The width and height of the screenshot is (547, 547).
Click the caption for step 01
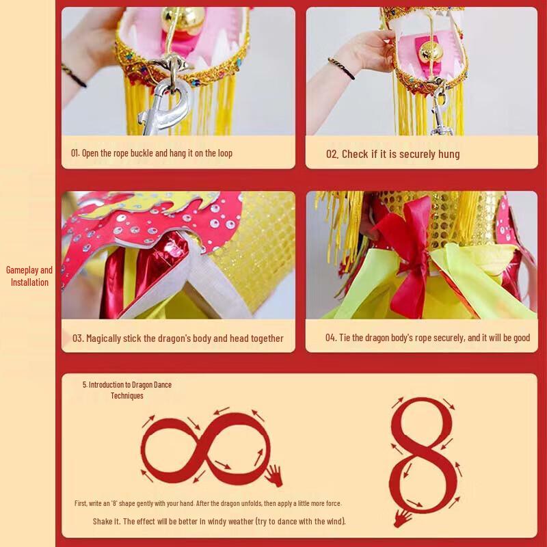click(152, 153)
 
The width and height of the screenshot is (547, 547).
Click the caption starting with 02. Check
click(392, 154)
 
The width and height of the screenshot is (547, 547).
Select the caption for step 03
click(178, 338)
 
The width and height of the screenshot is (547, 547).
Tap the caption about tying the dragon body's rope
click(427, 338)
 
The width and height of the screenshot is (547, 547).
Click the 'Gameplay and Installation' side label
click(29, 276)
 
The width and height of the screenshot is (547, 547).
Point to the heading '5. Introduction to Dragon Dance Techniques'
click(127, 390)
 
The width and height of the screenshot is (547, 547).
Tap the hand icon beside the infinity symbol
click(274, 475)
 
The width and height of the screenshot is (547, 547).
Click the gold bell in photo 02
click(431, 51)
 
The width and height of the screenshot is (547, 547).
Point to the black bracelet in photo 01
click(74, 75)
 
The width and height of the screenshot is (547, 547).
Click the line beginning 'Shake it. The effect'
click(219, 521)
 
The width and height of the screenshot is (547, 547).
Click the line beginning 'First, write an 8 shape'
click(208, 503)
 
